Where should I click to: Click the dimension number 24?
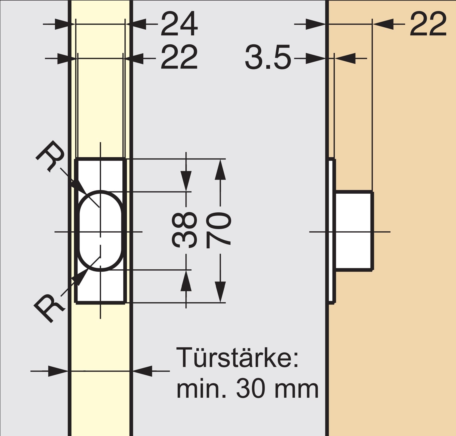(179, 24)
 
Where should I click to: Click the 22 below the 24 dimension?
(179, 57)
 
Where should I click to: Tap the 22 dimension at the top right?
(428, 24)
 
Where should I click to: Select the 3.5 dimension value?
(268, 57)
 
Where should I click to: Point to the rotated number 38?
(184, 230)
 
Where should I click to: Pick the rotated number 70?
(218, 230)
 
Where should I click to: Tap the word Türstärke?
(238, 357)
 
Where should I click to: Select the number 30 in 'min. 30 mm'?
(250, 389)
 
